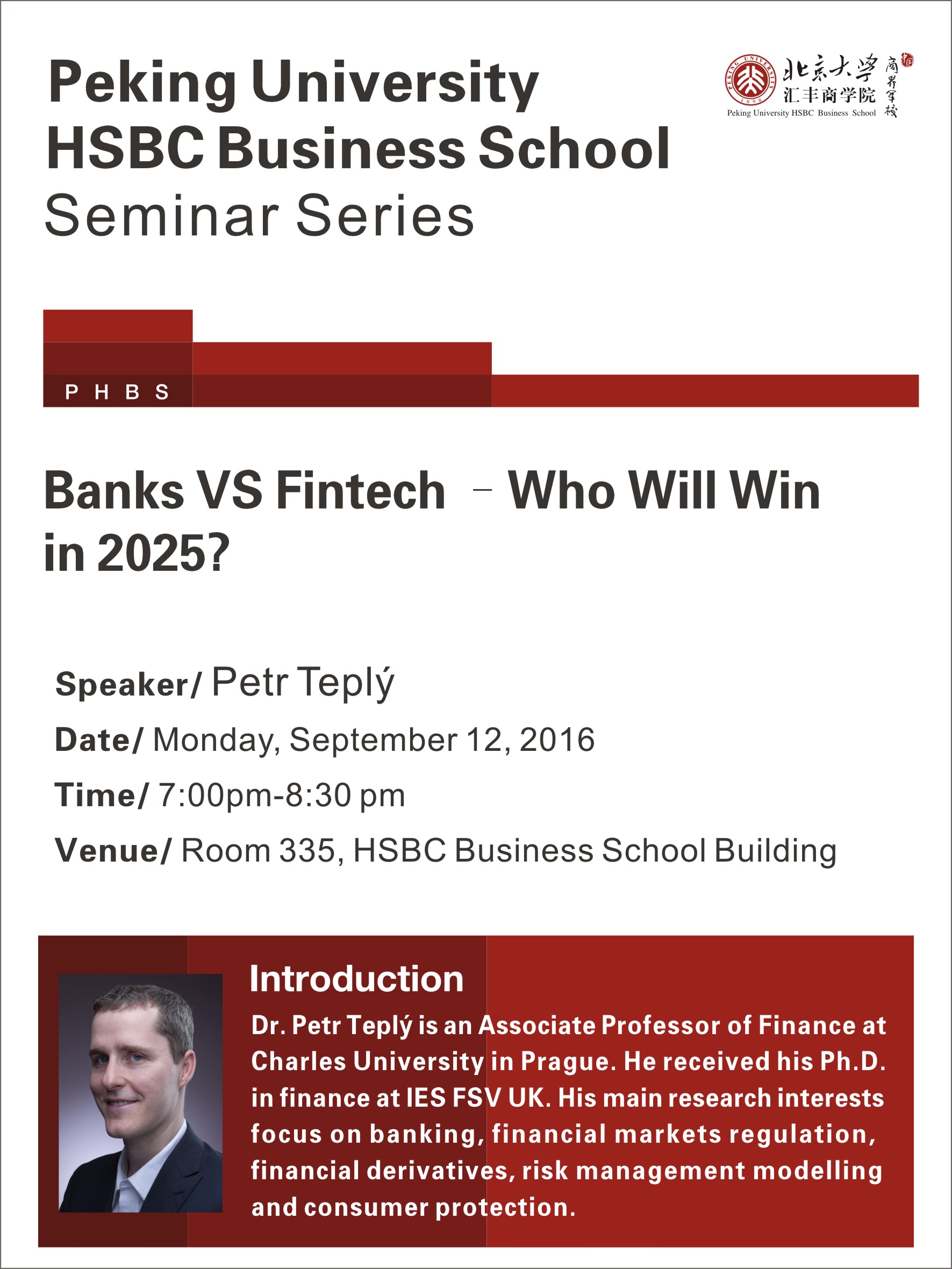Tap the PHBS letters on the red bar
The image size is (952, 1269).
pyautogui.click(x=117, y=392)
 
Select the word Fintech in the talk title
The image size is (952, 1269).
pyautogui.click(x=361, y=491)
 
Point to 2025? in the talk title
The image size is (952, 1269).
pyautogui.click(x=163, y=553)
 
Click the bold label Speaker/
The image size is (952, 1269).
pyautogui.click(x=128, y=684)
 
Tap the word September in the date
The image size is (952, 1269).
pyautogui.click(x=374, y=740)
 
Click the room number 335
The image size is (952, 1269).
pyautogui.click(x=307, y=850)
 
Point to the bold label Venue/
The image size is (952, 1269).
pyautogui.click(x=113, y=850)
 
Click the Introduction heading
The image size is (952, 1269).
pyautogui.click(x=356, y=979)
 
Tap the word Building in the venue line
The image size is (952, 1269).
pyautogui.click(x=776, y=851)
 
